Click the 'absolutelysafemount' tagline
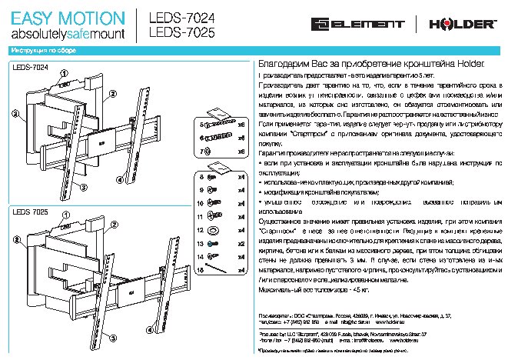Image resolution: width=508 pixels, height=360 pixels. click(65, 35)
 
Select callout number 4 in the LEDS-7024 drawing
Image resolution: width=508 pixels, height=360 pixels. click(77, 184)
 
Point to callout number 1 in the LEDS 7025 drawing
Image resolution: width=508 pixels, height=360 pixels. click(65, 217)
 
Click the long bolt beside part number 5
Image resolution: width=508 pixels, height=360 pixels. click(221, 123)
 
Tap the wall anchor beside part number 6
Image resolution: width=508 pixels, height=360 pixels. click(220, 138)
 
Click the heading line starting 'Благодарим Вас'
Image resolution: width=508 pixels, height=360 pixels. click(372, 68)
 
